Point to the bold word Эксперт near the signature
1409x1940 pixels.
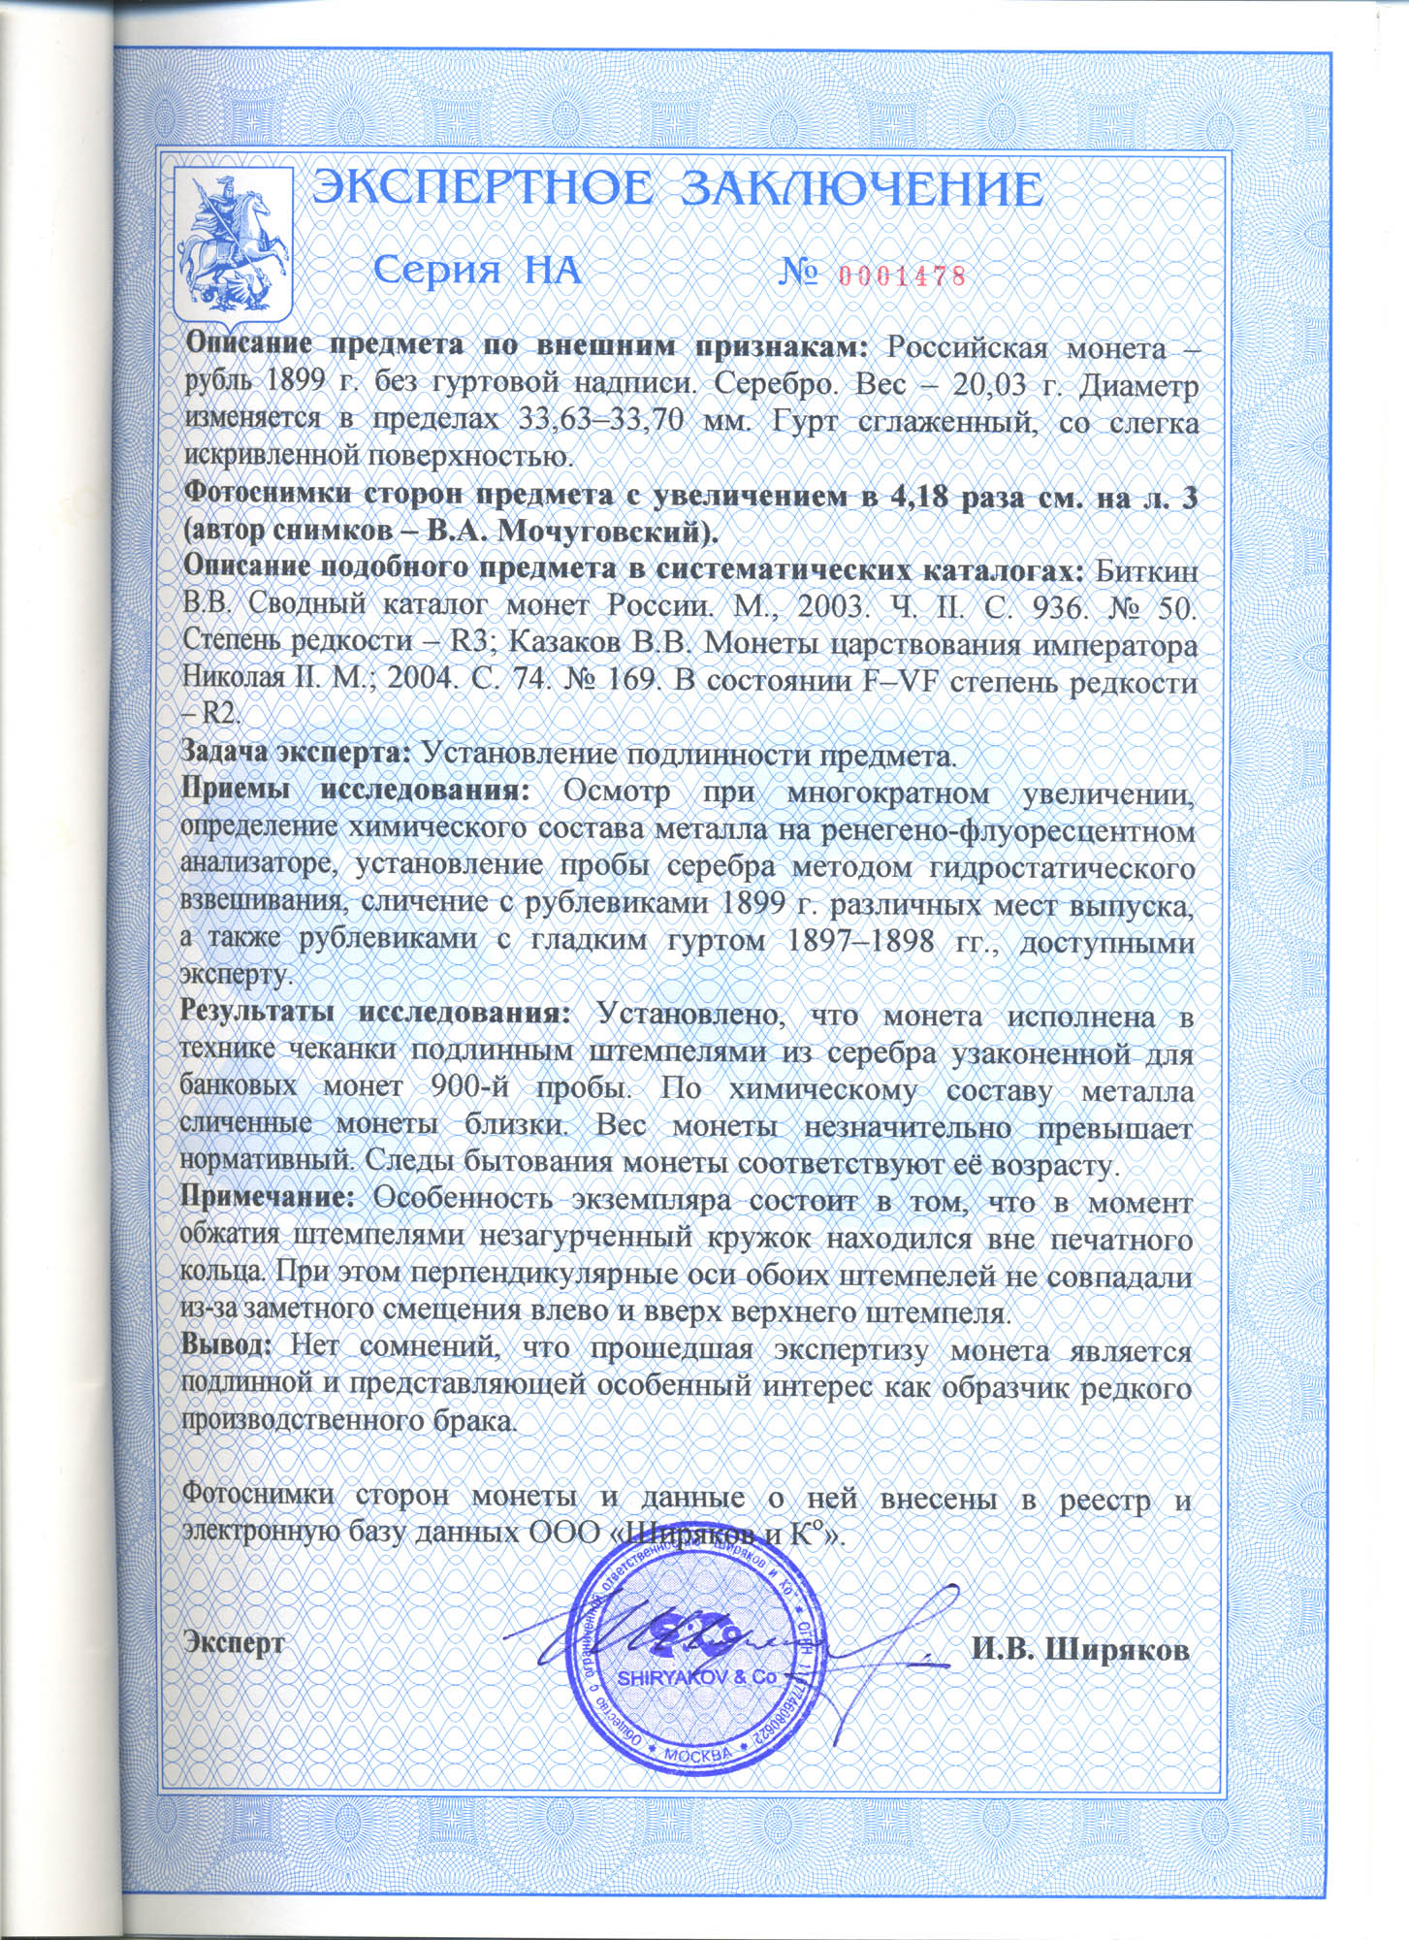tap(234, 1644)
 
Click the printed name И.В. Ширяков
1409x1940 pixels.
tap(1080, 1650)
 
